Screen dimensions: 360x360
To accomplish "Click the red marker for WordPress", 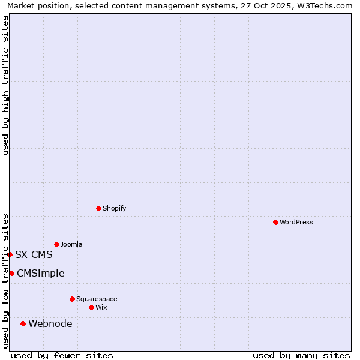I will click(x=275, y=222).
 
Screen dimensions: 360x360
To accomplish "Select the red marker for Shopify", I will click(x=98, y=208).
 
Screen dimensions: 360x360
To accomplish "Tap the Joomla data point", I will click(x=56, y=244).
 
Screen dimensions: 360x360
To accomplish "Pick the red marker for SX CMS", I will click(x=10, y=254).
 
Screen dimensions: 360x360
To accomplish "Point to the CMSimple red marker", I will click(x=11, y=273).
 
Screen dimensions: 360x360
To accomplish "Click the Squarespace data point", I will click(x=72, y=299).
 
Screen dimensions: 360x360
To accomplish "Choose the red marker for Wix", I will click(x=91, y=307).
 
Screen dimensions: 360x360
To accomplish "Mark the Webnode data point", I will click(x=23, y=323).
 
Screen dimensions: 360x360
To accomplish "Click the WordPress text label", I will click(x=296, y=222).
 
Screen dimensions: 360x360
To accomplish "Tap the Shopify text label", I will click(x=114, y=208).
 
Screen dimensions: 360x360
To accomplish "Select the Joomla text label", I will click(x=71, y=244).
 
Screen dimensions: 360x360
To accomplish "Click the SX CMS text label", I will click(x=34, y=254).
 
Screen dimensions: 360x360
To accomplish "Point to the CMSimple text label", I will click(x=40, y=273).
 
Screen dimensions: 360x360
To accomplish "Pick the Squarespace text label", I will click(x=97, y=299).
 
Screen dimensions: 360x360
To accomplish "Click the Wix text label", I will click(x=101, y=307).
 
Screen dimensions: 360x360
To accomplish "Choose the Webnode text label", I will click(x=50, y=323).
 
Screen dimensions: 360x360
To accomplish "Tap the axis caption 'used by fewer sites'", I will click(x=62, y=355).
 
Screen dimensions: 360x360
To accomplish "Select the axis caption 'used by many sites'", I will click(x=301, y=355).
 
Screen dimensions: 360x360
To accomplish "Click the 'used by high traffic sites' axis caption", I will click(x=5, y=85).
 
